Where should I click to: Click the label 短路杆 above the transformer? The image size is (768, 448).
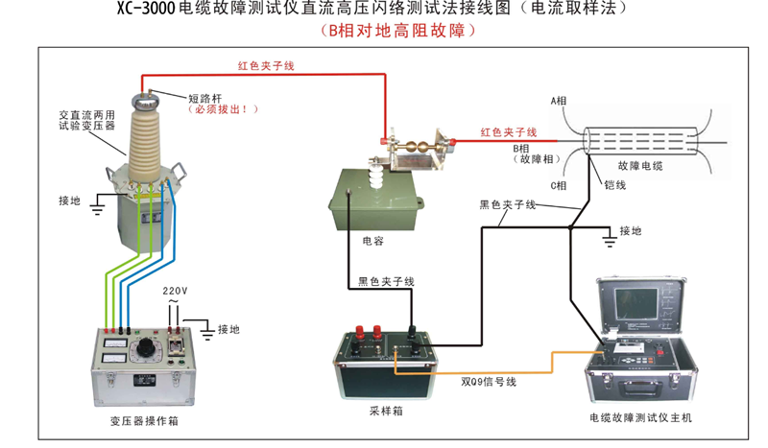pyautogui.click(x=204, y=97)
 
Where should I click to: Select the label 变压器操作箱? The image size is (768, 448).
pyautogui.click(x=142, y=422)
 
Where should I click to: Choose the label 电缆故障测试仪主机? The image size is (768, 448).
pyautogui.click(x=640, y=419)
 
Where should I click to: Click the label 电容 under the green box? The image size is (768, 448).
pyautogui.click(x=372, y=241)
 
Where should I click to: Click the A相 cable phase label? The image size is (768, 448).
pyautogui.click(x=560, y=101)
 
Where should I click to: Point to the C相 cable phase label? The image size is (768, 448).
pyautogui.click(x=558, y=184)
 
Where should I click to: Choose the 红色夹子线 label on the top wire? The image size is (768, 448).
pyautogui.click(x=266, y=66)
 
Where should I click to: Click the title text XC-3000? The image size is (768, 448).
pyautogui.click(x=139, y=10)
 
